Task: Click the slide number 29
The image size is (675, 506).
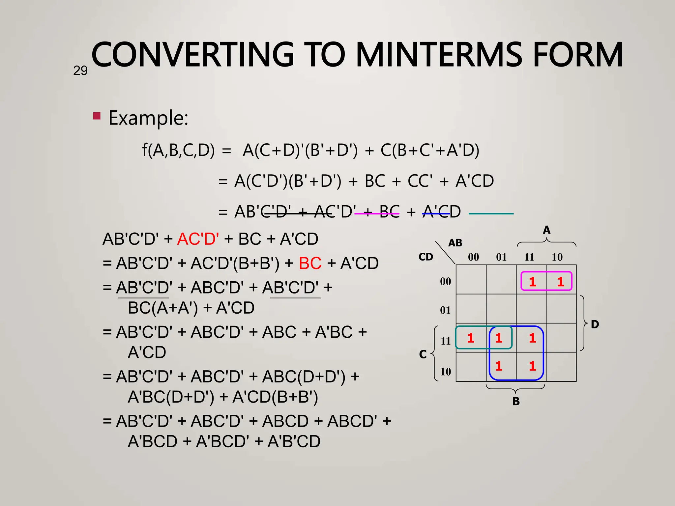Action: (x=80, y=71)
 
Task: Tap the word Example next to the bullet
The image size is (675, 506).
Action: (x=148, y=118)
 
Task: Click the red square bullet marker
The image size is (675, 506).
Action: (x=97, y=116)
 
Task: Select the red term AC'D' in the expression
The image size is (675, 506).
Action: (x=198, y=239)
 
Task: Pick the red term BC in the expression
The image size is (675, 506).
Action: (x=310, y=263)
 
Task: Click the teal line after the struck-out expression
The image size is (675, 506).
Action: (x=491, y=214)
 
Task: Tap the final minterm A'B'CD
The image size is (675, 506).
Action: (x=294, y=441)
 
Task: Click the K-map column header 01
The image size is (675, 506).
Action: (x=501, y=257)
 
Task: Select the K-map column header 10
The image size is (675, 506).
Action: (x=557, y=257)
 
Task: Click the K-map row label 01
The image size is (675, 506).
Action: (x=445, y=310)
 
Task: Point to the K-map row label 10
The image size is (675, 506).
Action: (x=446, y=372)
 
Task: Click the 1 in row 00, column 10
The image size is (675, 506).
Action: (x=560, y=282)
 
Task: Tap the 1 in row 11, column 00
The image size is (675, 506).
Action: (x=471, y=338)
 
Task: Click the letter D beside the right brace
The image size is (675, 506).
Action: (x=595, y=324)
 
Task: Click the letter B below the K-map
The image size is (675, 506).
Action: (x=516, y=401)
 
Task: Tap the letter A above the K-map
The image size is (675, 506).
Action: (x=546, y=230)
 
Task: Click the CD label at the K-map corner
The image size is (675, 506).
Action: (x=426, y=257)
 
